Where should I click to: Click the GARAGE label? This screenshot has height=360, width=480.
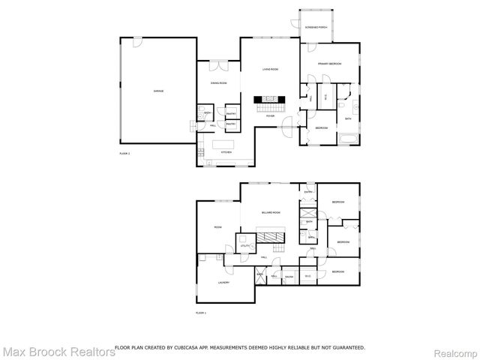click(x=159, y=91)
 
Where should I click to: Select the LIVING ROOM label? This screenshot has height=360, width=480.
click(x=270, y=69)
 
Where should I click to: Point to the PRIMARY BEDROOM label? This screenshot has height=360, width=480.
click(x=329, y=64)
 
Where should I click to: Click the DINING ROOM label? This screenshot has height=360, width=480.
click(x=217, y=83)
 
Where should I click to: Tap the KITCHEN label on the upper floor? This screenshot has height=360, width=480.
click(x=225, y=152)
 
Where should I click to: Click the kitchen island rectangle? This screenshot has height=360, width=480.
click(x=224, y=143)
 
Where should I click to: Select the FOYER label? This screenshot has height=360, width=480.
click(x=270, y=116)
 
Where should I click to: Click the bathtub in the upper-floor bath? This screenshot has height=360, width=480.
click(x=348, y=139)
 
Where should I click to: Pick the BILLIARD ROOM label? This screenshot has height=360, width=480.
click(x=271, y=213)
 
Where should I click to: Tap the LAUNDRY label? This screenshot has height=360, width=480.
click(x=223, y=283)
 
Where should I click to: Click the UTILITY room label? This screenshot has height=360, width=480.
click(x=244, y=246)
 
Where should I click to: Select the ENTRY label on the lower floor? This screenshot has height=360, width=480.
click(x=308, y=193)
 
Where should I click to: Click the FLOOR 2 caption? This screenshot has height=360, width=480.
click(x=124, y=153)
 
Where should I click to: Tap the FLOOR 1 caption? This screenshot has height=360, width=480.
click(x=200, y=312)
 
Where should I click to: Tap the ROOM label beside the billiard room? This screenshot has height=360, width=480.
click(x=217, y=227)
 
